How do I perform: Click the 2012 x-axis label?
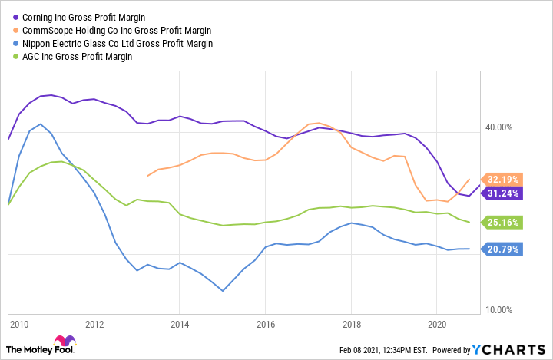coord(94,325)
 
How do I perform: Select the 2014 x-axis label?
coord(179,325)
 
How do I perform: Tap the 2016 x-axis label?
coord(265,325)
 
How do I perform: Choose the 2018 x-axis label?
coord(351,325)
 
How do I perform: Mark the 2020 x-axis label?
coord(436,325)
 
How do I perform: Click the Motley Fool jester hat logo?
coord(65,342)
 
